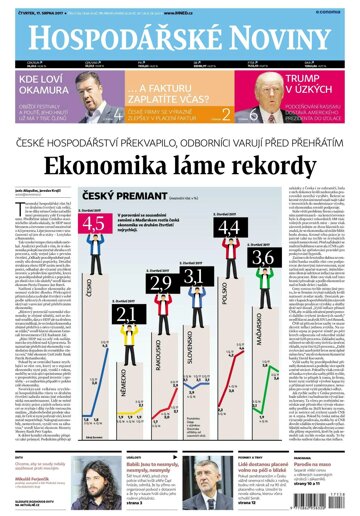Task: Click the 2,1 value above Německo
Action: click(126, 316)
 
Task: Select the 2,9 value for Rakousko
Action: click(161, 284)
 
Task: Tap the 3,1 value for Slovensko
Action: click(193, 276)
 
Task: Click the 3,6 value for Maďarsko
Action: click(263, 259)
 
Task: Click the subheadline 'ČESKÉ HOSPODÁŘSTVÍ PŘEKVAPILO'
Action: click(180, 145)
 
